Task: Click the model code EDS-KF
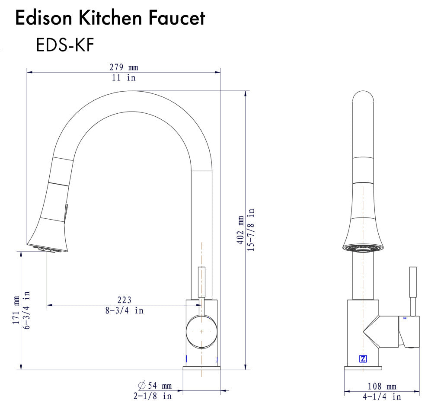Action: (65, 45)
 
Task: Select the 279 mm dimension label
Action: (124, 67)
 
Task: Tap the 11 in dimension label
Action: (124, 78)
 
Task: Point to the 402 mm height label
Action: (240, 231)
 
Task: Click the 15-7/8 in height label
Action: (251, 231)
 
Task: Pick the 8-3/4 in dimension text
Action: (124, 310)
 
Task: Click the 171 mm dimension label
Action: (16, 310)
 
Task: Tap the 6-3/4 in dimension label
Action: (26, 310)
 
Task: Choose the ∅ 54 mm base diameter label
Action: (155, 385)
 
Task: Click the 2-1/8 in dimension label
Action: (152, 396)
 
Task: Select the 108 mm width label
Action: (382, 387)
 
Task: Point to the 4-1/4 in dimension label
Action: (382, 396)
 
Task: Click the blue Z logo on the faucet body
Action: (363, 358)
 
